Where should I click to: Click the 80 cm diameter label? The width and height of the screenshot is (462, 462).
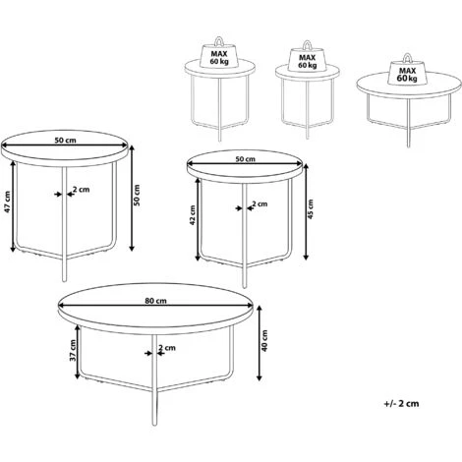(155, 301)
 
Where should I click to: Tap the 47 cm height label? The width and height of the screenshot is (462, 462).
(7, 202)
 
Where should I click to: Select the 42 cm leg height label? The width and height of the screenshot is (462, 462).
(193, 215)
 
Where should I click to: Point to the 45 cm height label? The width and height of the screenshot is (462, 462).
(311, 208)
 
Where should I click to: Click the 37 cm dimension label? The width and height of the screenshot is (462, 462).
(73, 350)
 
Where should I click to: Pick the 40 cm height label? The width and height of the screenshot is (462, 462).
(264, 341)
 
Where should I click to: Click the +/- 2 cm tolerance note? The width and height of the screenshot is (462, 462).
(401, 403)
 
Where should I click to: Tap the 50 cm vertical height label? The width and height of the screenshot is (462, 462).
(137, 196)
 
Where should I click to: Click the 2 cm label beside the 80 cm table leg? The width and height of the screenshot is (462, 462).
(167, 348)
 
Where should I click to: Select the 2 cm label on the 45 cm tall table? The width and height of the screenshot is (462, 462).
(260, 203)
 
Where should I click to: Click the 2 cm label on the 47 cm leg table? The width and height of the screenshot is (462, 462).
(81, 190)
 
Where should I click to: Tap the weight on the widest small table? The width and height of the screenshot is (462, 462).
(407, 72)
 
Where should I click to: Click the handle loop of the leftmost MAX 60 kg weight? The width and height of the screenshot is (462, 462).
(218, 41)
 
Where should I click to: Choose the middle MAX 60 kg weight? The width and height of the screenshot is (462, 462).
(307, 57)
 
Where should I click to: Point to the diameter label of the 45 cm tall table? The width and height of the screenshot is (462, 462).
(246, 159)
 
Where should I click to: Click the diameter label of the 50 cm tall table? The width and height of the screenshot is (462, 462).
(65, 141)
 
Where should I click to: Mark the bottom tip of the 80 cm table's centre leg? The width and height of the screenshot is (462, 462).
(154, 425)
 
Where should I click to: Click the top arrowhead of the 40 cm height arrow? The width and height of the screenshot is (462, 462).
(260, 309)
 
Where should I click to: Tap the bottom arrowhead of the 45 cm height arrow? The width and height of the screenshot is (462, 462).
(306, 258)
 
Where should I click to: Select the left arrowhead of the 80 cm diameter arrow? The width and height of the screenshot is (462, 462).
(61, 306)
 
